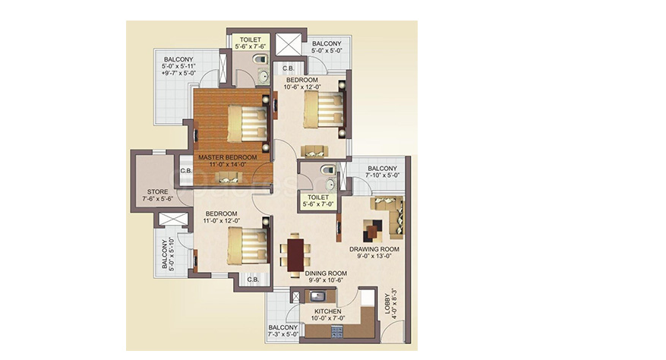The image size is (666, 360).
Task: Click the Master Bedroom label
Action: (228, 157)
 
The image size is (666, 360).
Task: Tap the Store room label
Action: (158, 191)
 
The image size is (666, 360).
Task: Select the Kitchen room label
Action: (328, 311)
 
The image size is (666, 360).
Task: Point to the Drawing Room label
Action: (374, 249)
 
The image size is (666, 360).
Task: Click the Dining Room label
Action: (326, 273)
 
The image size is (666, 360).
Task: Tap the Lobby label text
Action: (387, 304)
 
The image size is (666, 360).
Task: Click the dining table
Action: (295, 255)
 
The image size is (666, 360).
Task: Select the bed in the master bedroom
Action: (248, 124)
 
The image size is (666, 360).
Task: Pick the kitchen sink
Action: (317, 295)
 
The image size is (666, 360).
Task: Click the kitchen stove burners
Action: (337, 331)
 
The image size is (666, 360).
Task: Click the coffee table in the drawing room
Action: (372, 230)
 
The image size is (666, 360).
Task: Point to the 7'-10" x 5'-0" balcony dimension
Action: (383, 175)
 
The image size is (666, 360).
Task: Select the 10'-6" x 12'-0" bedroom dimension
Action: (302, 87)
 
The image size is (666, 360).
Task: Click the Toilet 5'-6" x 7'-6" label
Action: (250, 43)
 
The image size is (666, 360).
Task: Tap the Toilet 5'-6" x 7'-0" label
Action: (318, 201)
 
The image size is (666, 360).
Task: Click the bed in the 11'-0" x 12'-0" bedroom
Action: (248, 245)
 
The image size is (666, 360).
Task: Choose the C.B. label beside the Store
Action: (186, 171)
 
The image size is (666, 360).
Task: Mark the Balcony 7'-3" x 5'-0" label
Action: (283, 330)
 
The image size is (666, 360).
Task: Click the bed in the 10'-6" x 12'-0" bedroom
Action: (324, 109)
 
